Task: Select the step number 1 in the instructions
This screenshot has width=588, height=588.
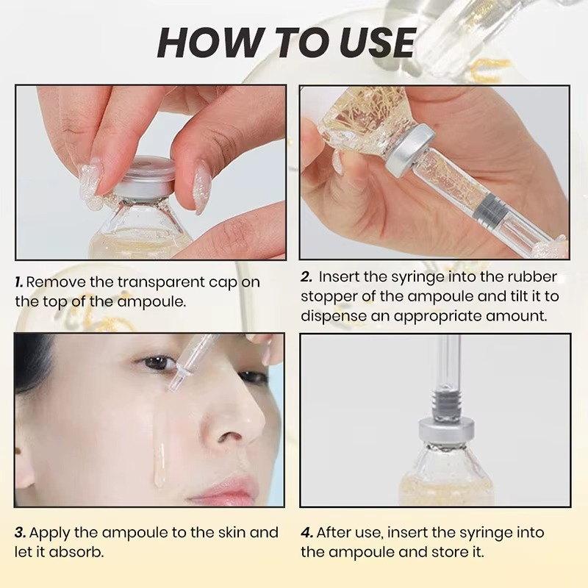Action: coord(19,282)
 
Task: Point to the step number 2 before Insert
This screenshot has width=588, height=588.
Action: coord(306,277)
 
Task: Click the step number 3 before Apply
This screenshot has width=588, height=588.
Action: coord(20,533)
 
